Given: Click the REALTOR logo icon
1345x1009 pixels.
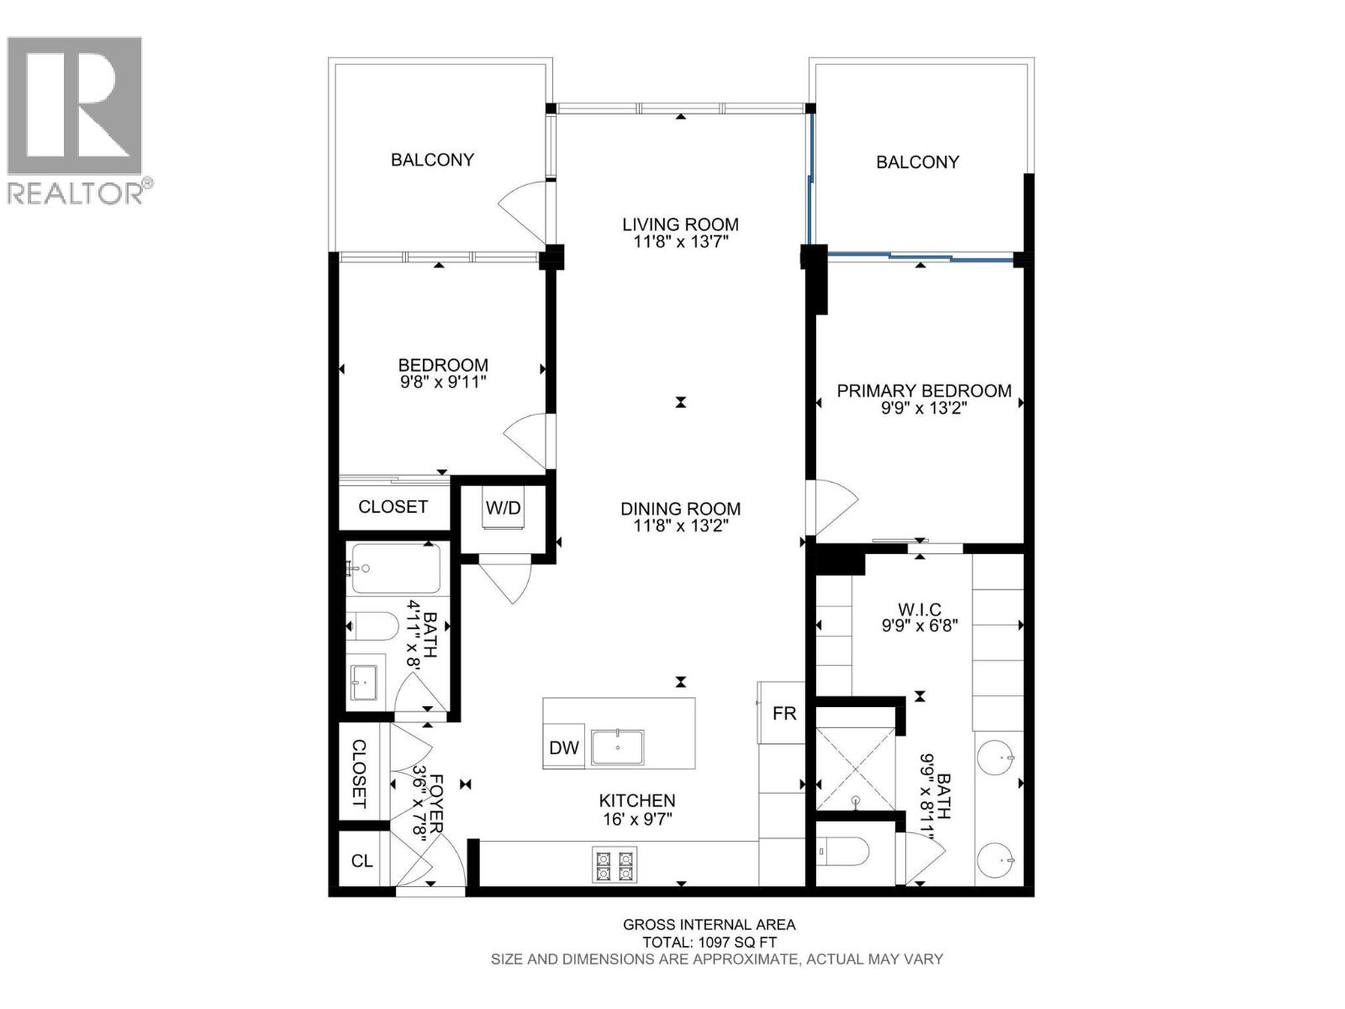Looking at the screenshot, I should click(x=74, y=105).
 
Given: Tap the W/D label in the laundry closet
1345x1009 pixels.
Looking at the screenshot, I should click(x=503, y=508).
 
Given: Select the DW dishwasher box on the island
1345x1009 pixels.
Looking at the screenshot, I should click(x=564, y=748).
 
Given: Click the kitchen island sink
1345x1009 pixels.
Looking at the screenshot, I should click(x=617, y=747).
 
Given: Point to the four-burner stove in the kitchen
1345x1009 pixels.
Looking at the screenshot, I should click(x=614, y=866).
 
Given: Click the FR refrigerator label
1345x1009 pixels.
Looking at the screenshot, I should click(x=783, y=714).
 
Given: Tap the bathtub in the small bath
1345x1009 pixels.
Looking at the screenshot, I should click(x=396, y=569).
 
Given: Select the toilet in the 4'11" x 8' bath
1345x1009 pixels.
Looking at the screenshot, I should click(x=375, y=626).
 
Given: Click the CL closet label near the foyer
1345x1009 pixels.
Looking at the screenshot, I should click(x=362, y=861).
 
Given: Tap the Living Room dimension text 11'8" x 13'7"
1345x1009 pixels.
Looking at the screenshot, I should click(x=680, y=242).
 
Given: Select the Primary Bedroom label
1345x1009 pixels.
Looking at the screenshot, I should click(x=923, y=391).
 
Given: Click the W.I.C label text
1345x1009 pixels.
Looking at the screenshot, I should click(x=920, y=610).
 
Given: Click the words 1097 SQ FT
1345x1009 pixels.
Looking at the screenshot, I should click(x=740, y=943).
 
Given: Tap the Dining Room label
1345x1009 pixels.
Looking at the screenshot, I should click(x=680, y=509).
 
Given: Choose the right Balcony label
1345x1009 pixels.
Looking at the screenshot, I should click(x=917, y=162).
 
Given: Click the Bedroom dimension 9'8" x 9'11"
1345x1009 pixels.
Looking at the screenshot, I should click(x=443, y=382).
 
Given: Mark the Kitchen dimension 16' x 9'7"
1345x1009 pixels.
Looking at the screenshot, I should click(x=637, y=819).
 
